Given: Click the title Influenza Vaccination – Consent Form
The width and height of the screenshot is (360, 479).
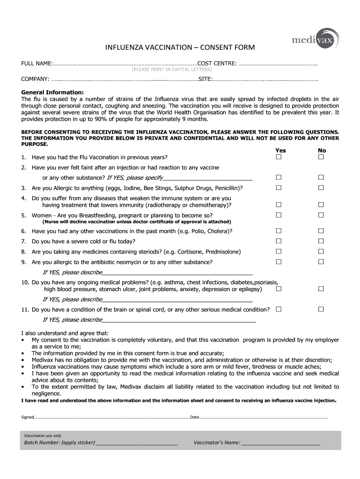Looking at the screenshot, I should [x=180, y=48].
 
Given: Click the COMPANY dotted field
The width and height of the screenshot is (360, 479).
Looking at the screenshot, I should [x=124, y=80].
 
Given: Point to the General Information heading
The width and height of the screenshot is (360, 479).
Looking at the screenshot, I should [x=52, y=92].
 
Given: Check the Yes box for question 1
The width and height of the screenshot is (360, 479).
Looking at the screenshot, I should [x=279, y=157].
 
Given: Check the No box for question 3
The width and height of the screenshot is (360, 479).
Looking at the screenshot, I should [x=321, y=188].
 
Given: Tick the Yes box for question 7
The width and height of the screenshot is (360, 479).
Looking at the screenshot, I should [x=279, y=241].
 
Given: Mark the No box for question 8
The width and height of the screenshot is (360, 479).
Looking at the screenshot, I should [x=321, y=252].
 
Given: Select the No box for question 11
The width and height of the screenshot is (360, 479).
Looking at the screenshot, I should [x=321, y=309].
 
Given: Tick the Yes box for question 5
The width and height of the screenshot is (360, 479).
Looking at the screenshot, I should [x=279, y=215].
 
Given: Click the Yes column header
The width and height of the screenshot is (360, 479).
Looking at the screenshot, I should [x=281, y=150].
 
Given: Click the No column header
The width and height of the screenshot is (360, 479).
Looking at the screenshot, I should [x=322, y=150].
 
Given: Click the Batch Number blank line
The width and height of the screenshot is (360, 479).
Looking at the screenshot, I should [x=137, y=443].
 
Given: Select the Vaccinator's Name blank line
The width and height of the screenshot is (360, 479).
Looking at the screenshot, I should [x=281, y=443].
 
